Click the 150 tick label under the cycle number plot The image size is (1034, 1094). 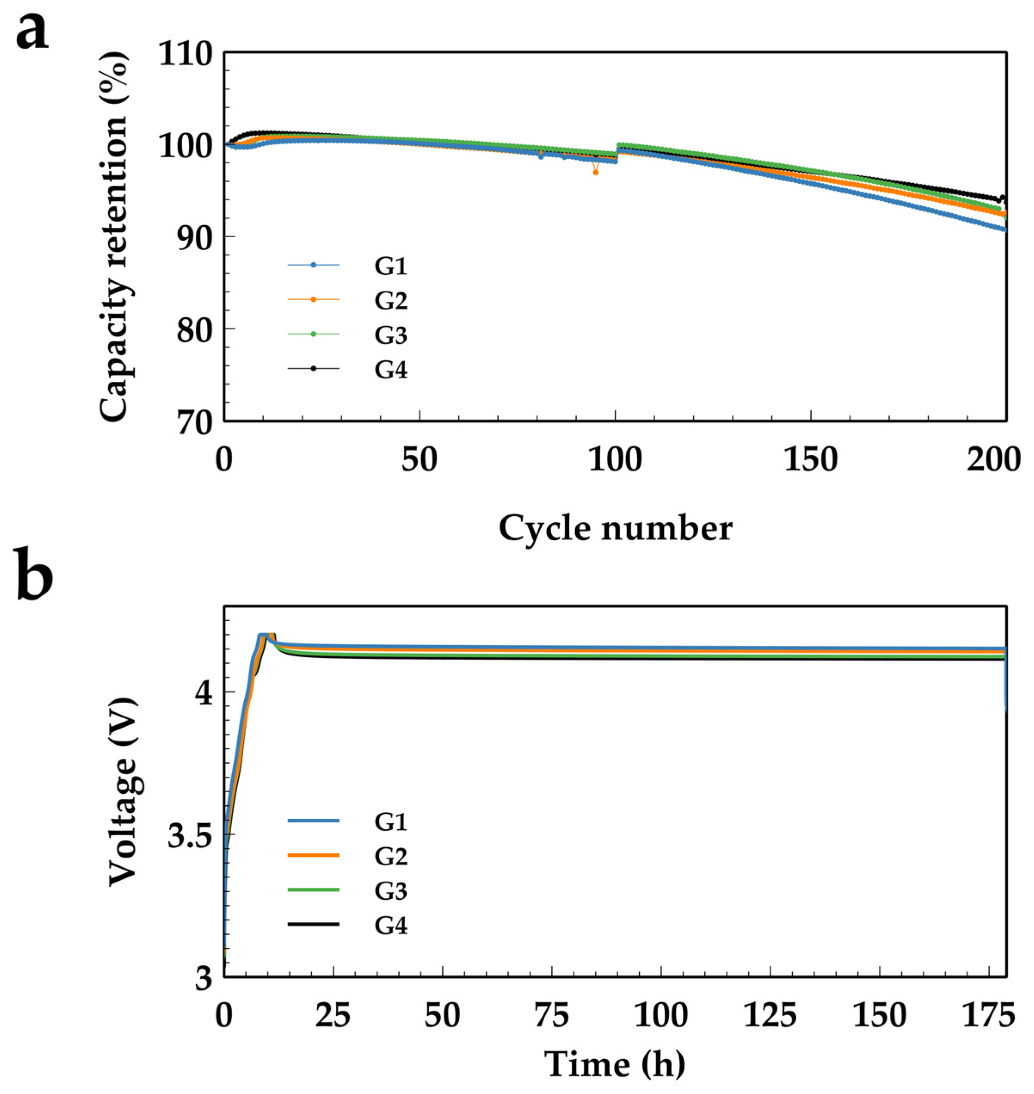[811, 459]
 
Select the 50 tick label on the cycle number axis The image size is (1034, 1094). [420, 459]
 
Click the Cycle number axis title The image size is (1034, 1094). [615, 528]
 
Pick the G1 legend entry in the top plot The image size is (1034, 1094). [390, 266]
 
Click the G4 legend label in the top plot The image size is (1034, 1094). [390, 369]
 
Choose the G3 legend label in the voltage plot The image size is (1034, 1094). [390, 891]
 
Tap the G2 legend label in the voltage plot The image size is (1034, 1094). [390, 856]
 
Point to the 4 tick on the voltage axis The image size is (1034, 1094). [204, 693]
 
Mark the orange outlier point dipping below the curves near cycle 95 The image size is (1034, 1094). [595, 172]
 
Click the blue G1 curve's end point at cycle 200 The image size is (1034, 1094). [1005, 229]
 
